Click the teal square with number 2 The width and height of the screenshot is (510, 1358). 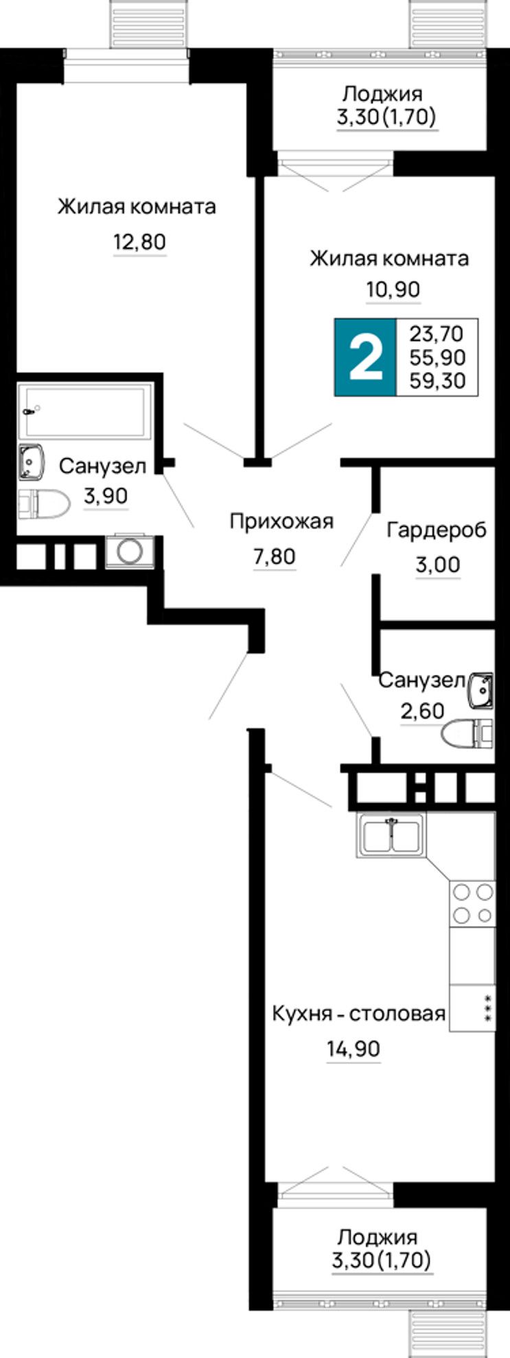pos(365,357)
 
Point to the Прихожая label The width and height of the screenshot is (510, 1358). pos(281,522)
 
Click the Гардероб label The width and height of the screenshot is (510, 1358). pos(437,530)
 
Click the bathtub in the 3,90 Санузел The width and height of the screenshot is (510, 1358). pos(86,411)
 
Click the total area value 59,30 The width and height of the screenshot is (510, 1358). pos(437,379)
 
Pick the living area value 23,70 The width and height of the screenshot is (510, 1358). pos(437,334)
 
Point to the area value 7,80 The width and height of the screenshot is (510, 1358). pos(275,556)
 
